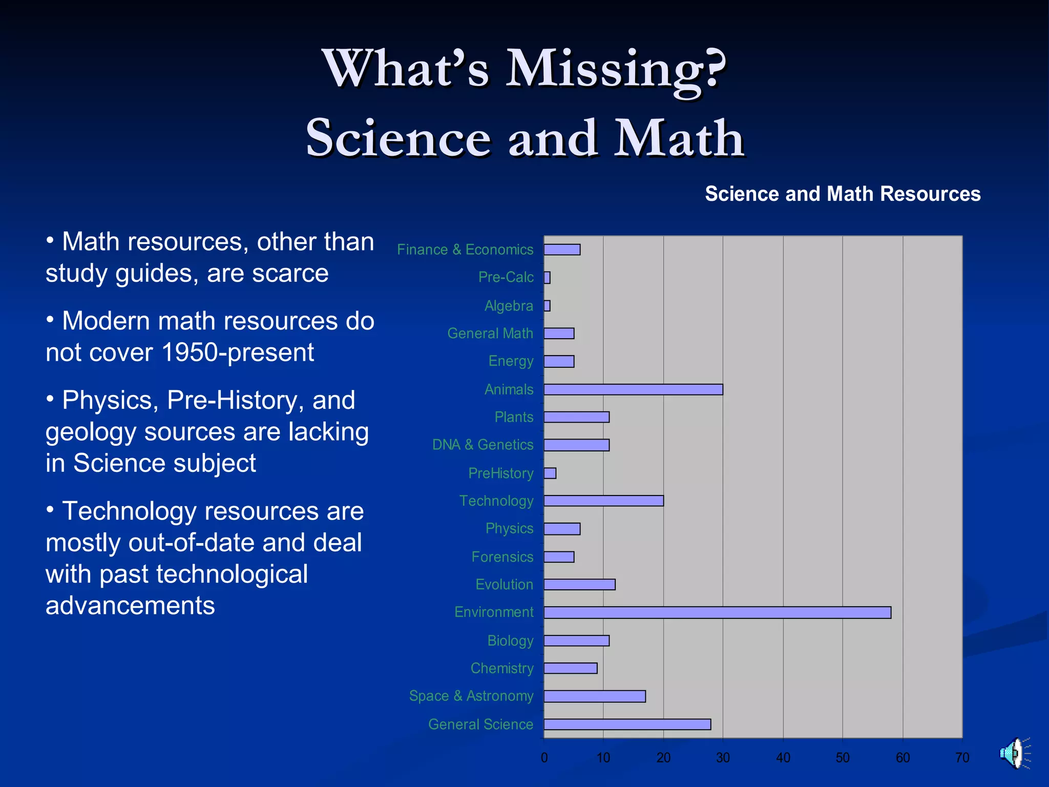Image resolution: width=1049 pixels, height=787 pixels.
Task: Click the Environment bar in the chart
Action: (x=717, y=612)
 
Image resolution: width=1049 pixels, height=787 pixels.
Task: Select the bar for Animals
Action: (x=633, y=389)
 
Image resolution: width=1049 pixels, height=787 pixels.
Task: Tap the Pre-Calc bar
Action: (x=547, y=278)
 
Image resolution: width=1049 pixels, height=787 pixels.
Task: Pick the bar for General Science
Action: (x=627, y=724)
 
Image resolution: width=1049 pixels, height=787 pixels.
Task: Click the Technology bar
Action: (x=603, y=501)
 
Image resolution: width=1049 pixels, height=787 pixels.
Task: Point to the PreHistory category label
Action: (x=500, y=473)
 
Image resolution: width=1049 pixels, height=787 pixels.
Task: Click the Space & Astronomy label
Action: (x=471, y=696)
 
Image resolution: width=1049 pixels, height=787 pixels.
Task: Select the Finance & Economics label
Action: (x=465, y=250)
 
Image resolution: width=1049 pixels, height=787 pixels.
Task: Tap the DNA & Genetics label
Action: (x=482, y=445)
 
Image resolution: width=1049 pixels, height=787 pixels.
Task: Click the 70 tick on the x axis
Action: (x=962, y=757)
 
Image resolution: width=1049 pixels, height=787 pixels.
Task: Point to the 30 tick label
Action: (x=723, y=757)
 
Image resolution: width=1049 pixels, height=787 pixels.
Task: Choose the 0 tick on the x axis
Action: (x=544, y=757)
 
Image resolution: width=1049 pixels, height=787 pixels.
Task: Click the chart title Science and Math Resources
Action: (x=843, y=194)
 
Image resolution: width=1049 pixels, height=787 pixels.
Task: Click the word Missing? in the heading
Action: (x=616, y=69)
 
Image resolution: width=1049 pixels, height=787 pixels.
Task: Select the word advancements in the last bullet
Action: (x=130, y=606)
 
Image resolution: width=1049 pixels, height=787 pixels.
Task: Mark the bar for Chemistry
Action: (x=570, y=668)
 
